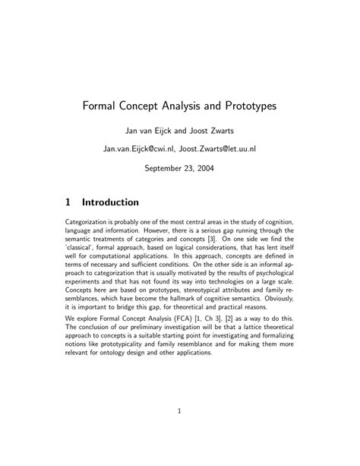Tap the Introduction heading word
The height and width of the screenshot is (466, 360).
[110, 203]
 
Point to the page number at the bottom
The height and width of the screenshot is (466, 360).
[180, 413]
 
